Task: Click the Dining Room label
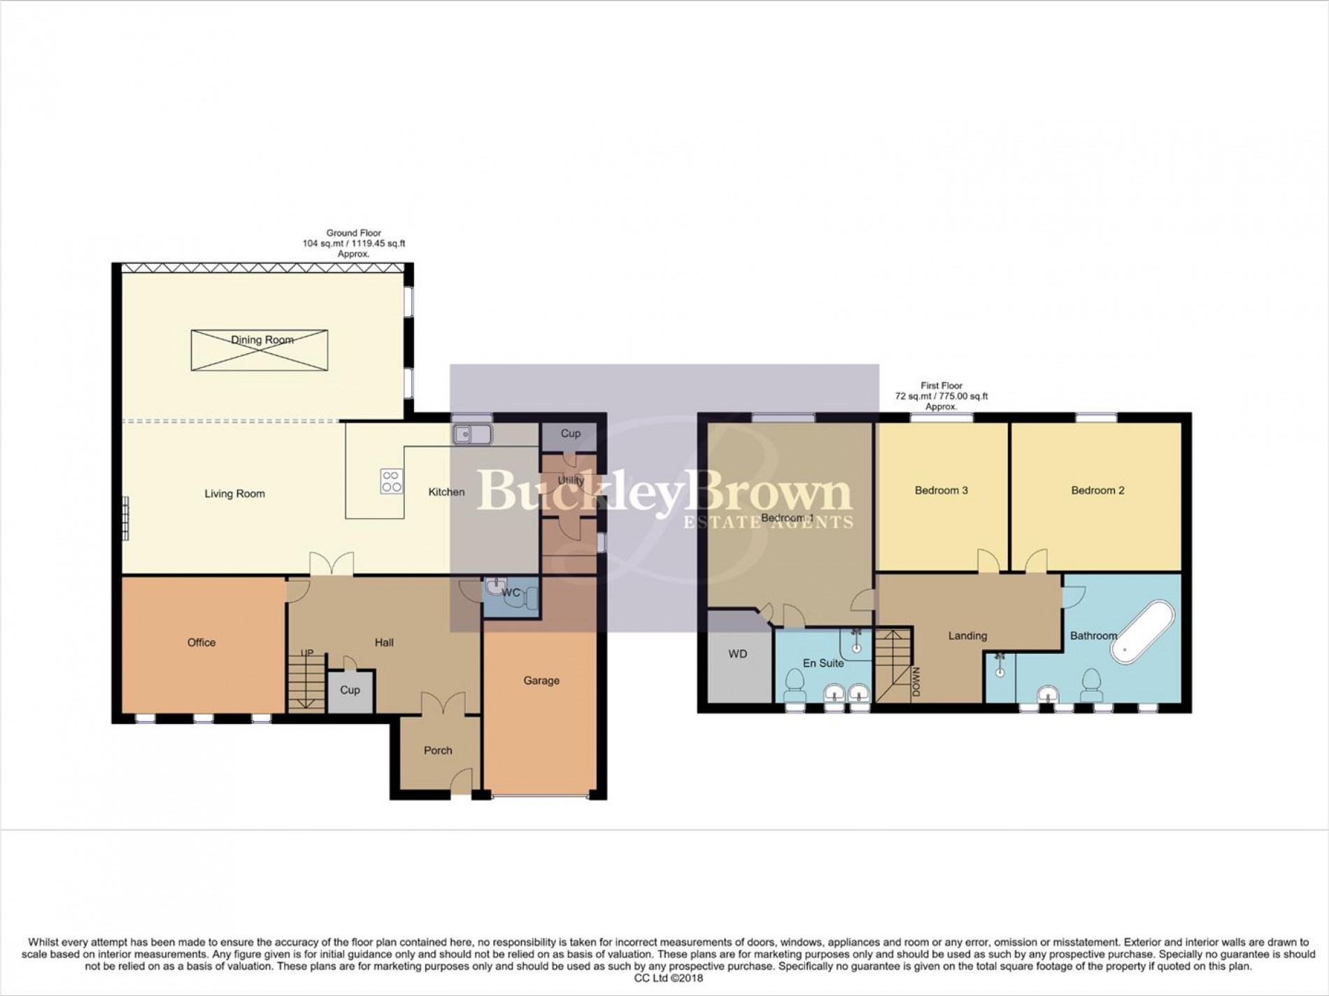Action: coord(262,340)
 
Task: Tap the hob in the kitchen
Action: coord(391,481)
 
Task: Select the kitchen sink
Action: coord(472,434)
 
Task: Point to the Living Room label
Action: coord(234,494)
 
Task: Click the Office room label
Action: coord(201,642)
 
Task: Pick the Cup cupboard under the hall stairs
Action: coord(350,690)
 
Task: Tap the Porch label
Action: coord(438,750)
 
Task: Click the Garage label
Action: coord(541,681)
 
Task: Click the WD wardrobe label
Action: coord(737,654)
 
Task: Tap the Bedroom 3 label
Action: coord(941,490)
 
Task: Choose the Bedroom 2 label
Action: coord(1097,490)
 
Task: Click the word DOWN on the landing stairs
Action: coord(916,682)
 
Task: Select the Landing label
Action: coord(967,636)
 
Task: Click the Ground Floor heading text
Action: coord(353,233)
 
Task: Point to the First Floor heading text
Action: coord(941,385)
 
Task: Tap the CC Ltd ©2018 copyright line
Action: coord(664,979)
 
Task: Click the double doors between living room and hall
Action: coord(332,564)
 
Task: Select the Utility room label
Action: coord(570,481)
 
